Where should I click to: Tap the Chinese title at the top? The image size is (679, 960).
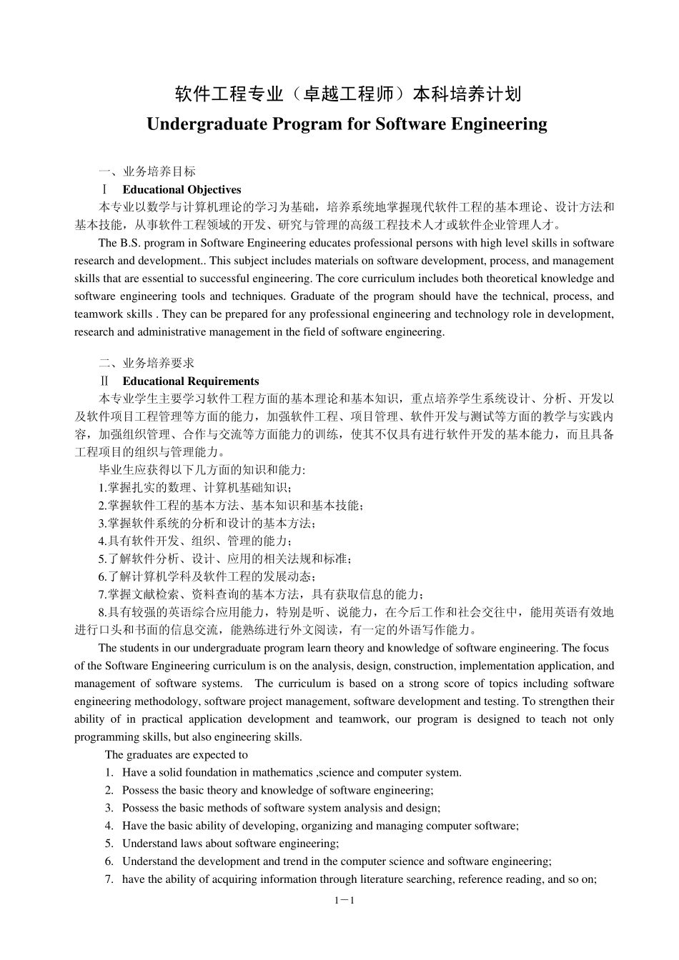[x=347, y=94]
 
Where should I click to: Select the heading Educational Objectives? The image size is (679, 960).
[x=182, y=190]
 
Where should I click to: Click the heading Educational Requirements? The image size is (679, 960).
[x=190, y=381]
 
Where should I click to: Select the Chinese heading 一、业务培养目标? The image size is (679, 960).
[x=147, y=172]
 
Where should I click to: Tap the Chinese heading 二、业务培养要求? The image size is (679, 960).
[x=147, y=364]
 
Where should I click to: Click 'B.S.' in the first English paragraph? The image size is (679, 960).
[x=129, y=244]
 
